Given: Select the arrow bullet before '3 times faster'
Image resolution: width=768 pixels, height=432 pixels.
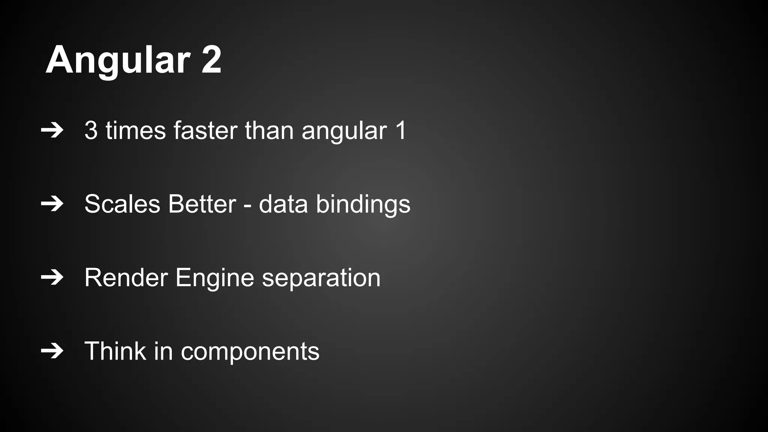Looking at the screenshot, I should click(x=52, y=130).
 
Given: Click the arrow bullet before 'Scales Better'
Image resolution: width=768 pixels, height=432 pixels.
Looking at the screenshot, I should click(x=52, y=204).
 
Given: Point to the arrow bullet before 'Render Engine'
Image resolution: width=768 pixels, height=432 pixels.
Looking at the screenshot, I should click(x=52, y=277).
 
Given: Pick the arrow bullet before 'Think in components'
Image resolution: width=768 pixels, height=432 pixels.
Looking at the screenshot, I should click(x=52, y=351).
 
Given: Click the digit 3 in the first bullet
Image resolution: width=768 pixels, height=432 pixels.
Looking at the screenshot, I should click(x=91, y=130).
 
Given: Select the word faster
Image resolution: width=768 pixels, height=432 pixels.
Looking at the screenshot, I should click(x=205, y=130).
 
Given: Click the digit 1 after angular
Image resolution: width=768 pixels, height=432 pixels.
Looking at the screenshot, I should click(x=400, y=130).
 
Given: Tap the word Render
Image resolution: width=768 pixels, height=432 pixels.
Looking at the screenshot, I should click(x=126, y=277).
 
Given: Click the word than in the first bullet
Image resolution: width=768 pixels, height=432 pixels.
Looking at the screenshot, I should click(x=269, y=130).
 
